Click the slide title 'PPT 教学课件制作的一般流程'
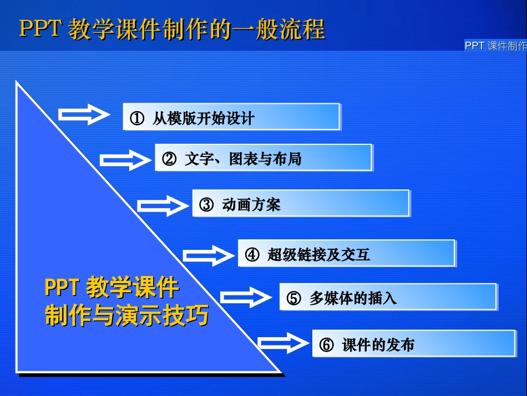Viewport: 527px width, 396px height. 172,29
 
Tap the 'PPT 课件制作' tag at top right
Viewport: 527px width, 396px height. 495,46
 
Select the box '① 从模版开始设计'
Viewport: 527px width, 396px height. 231,117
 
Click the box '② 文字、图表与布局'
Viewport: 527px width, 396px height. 263,158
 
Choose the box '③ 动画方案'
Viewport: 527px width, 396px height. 301,204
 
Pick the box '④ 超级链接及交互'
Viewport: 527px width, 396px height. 346,254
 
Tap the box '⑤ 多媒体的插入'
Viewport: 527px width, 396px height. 387,298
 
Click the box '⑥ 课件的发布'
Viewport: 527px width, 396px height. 413,344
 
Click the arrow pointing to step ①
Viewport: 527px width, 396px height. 85,114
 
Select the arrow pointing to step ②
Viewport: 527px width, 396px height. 125,160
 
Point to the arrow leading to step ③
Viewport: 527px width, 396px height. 163,206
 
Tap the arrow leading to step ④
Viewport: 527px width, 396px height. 209,255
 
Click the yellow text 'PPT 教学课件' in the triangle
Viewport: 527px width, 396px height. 112,288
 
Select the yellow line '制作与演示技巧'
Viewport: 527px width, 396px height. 126,315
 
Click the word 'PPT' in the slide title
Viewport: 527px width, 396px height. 39,29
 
